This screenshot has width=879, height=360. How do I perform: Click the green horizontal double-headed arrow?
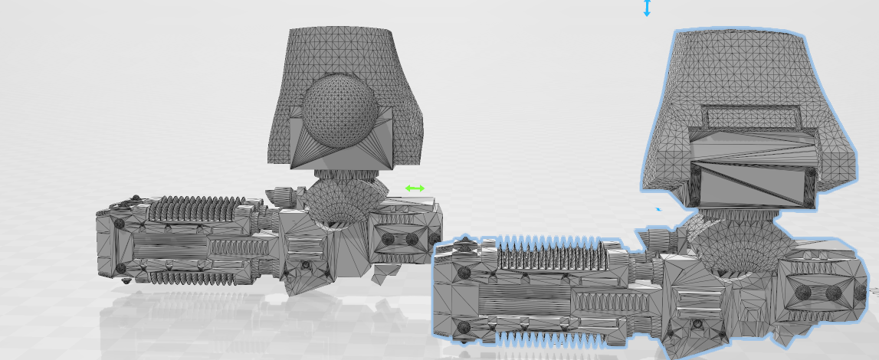(x=415, y=188)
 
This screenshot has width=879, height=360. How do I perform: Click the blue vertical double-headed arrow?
(x=647, y=8)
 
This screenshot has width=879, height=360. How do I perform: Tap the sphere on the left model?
(x=339, y=112)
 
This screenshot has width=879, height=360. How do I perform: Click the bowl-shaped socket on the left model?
(x=343, y=203)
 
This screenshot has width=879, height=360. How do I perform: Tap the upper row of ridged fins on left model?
(x=195, y=208)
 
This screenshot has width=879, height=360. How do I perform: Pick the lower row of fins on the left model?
(x=192, y=274)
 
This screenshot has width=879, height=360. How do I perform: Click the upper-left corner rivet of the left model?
(x=120, y=224)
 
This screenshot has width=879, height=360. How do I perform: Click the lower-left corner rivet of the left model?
(x=120, y=268)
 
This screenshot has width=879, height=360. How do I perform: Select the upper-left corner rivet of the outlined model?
(x=463, y=271)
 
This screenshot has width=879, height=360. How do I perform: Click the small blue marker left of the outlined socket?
(x=658, y=208)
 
